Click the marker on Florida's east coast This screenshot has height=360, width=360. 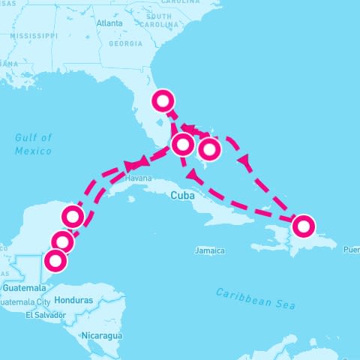point(163,99)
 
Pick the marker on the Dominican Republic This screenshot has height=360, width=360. point(303,224)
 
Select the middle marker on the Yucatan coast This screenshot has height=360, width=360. point(64,241)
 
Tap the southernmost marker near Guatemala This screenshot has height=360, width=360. point(55,261)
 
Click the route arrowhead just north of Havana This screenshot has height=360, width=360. point(134,164)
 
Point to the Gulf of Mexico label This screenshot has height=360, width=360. point(34,144)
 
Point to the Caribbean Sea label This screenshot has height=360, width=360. point(256,298)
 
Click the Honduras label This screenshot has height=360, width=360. point(74,300)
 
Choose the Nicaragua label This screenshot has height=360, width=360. point(103,335)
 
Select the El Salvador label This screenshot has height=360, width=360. point(43,315)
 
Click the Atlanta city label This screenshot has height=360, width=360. point(109,22)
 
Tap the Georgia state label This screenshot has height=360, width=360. point(125,43)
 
